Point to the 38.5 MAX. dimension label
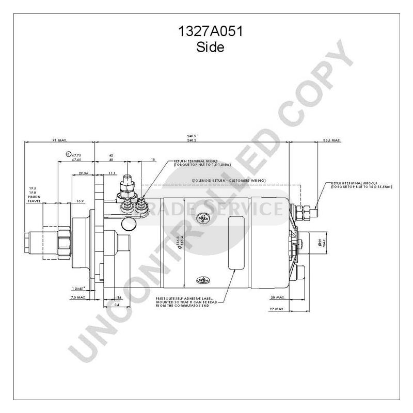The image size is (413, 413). (x=330, y=140)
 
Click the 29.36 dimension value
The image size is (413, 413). (x=84, y=173)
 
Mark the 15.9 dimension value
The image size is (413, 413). (x=80, y=201)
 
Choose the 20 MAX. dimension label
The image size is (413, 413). (x=277, y=298)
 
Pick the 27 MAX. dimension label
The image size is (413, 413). (x=277, y=308)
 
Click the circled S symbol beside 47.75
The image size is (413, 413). (x=68, y=154)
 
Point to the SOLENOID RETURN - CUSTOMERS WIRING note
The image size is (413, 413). (x=228, y=180)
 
